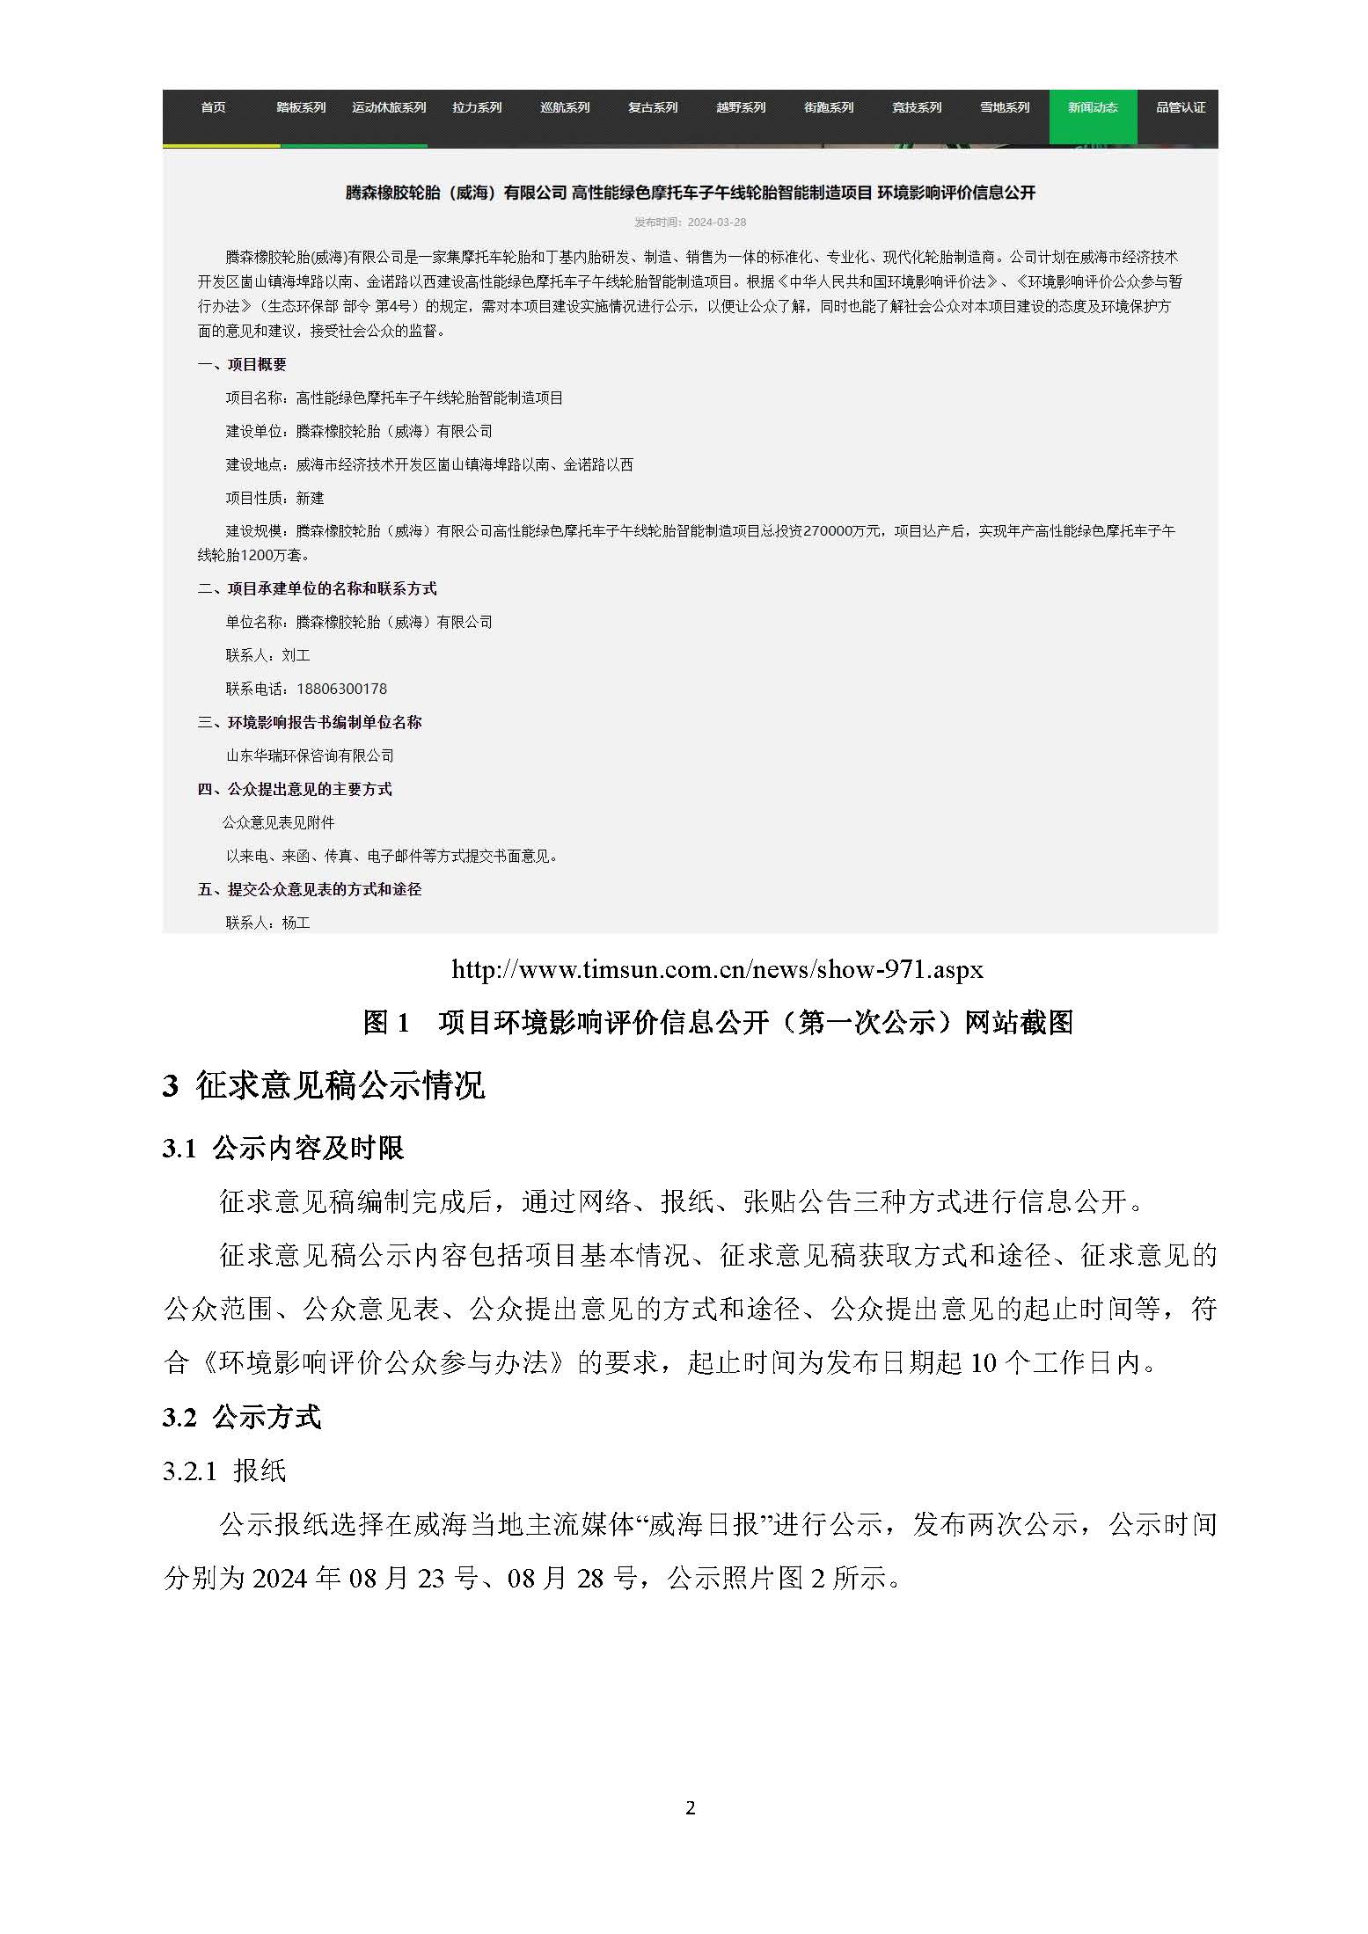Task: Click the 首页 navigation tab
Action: pos(213,107)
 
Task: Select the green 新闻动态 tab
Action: pos(1093,107)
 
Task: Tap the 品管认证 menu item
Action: pos(1181,107)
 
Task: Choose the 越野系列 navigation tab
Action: pos(741,107)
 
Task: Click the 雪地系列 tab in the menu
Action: pos(1005,107)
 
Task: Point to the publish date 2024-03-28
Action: pos(716,223)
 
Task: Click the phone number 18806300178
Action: pos(341,689)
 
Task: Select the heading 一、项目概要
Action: pos(242,364)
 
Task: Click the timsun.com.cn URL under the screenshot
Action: pos(717,969)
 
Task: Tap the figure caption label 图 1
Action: pos(387,1022)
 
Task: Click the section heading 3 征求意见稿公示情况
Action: pos(324,1085)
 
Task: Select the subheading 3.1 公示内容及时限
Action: pos(283,1148)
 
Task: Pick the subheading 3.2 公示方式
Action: pos(242,1417)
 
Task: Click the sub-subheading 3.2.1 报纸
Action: pos(224,1471)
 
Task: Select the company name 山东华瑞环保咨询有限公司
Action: pos(310,755)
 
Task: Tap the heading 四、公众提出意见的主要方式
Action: pos(295,789)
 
